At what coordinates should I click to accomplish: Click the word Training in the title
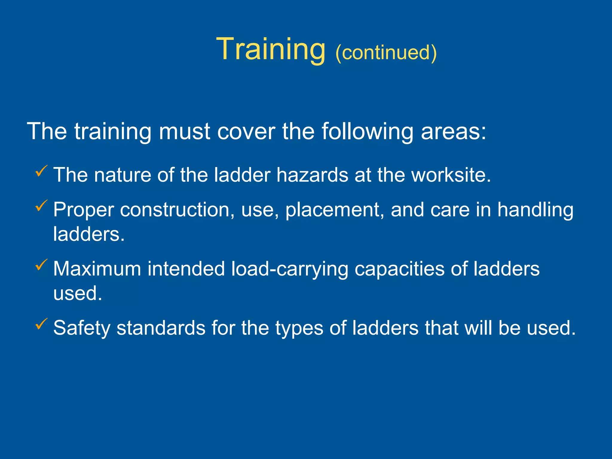270,49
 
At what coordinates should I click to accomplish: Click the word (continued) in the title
386,53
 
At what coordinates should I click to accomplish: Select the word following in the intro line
367,132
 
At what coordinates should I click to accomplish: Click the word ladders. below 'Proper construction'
89,234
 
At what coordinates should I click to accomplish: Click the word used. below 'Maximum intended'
78,293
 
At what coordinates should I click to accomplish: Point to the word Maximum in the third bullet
97,269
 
